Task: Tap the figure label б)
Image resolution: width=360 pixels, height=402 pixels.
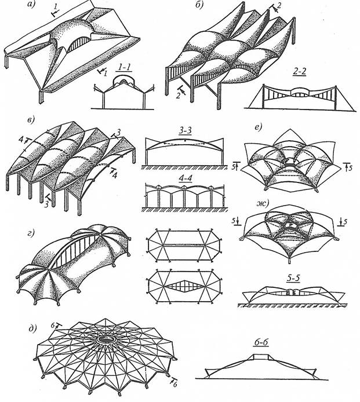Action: [x=199, y=5]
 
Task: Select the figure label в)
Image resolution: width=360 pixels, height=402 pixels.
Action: [x=31, y=120]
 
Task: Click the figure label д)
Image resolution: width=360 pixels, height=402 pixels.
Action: [x=32, y=328]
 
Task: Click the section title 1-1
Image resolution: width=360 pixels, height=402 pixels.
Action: [x=125, y=67]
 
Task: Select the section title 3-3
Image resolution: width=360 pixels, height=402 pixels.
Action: [x=186, y=131]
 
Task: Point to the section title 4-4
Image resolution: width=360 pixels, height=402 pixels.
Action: [x=185, y=178]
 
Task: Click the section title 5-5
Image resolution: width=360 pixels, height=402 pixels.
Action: [x=293, y=278]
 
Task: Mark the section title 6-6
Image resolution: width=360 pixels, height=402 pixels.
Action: [x=261, y=342]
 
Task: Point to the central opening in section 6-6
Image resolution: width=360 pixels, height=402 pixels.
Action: [x=261, y=357]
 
